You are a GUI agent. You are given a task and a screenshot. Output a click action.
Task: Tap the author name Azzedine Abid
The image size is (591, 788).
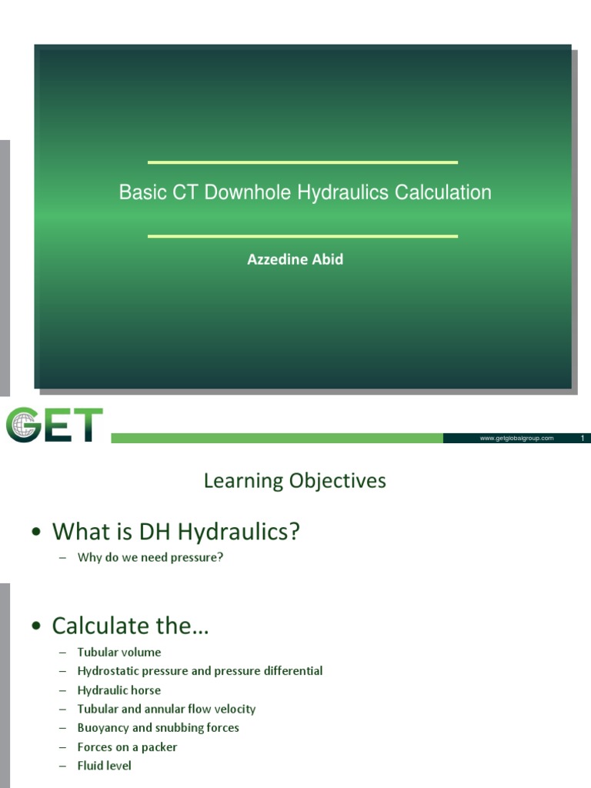tap(295, 259)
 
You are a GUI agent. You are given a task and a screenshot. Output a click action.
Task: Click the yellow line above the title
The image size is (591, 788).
tap(302, 162)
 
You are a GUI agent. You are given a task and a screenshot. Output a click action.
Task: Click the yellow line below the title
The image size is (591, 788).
tap(302, 236)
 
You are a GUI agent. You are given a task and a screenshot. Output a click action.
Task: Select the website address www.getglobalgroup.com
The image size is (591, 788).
tap(516, 438)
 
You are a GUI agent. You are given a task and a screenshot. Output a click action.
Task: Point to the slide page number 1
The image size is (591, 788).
tap(583, 438)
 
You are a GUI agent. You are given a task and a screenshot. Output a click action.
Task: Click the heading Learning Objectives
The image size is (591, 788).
tap(295, 482)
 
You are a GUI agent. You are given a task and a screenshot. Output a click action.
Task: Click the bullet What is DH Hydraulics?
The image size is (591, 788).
tap(175, 531)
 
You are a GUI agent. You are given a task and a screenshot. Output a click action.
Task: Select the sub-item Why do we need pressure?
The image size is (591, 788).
tap(150, 557)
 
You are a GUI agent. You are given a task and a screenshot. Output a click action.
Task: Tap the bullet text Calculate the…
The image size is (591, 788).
tap(130, 626)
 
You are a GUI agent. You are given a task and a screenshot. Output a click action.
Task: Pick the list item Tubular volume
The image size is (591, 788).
tap(119, 653)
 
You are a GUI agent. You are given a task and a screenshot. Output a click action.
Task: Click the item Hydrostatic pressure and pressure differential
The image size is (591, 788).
tap(200, 671)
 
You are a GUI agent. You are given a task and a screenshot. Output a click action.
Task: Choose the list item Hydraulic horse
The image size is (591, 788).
tap(119, 690)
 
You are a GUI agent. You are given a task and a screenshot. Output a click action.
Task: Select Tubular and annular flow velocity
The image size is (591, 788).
tap(166, 709)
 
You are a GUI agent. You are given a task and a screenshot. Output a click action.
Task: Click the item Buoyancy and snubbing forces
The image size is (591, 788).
tap(158, 727)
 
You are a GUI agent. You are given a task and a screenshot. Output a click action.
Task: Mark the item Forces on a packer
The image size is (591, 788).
tap(127, 746)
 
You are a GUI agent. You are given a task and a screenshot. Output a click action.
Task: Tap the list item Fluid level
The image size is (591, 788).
tap(105, 766)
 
